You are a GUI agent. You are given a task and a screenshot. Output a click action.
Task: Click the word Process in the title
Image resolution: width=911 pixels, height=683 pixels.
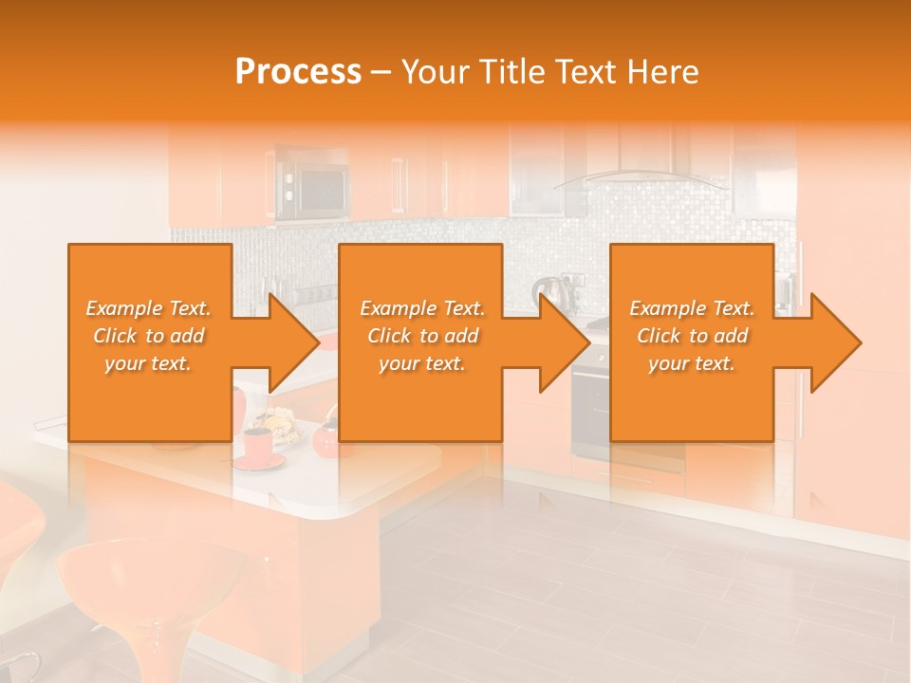pos(298,72)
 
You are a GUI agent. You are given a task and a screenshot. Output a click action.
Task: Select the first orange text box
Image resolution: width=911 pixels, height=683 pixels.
pos(150,398)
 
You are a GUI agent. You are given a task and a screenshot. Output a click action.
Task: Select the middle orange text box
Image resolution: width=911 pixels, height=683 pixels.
pos(420,398)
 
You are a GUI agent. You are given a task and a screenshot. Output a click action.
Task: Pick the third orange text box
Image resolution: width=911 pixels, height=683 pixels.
pos(692,398)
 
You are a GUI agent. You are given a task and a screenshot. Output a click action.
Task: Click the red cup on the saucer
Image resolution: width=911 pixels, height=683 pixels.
pos(256,445)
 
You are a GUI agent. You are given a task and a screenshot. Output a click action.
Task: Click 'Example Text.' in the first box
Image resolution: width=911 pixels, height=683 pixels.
pos(149,308)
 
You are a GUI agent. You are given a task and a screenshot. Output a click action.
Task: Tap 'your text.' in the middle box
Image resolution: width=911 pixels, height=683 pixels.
pos(421,363)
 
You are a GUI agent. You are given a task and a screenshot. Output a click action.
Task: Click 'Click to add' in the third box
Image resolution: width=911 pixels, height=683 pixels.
pos(692,336)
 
